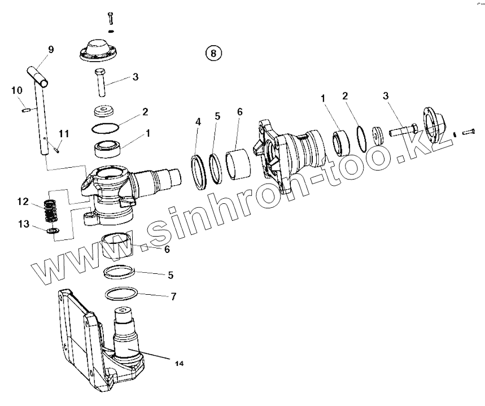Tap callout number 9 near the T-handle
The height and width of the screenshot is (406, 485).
click(x=51, y=50)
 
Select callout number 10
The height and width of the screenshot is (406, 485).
click(x=16, y=90)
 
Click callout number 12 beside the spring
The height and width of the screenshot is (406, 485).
click(x=23, y=202)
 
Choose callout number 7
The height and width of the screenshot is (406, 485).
click(x=173, y=296)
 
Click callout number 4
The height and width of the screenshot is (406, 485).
click(x=198, y=121)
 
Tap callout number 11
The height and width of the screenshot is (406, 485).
click(x=64, y=133)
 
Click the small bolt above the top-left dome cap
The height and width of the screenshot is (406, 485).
click(x=110, y=18)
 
